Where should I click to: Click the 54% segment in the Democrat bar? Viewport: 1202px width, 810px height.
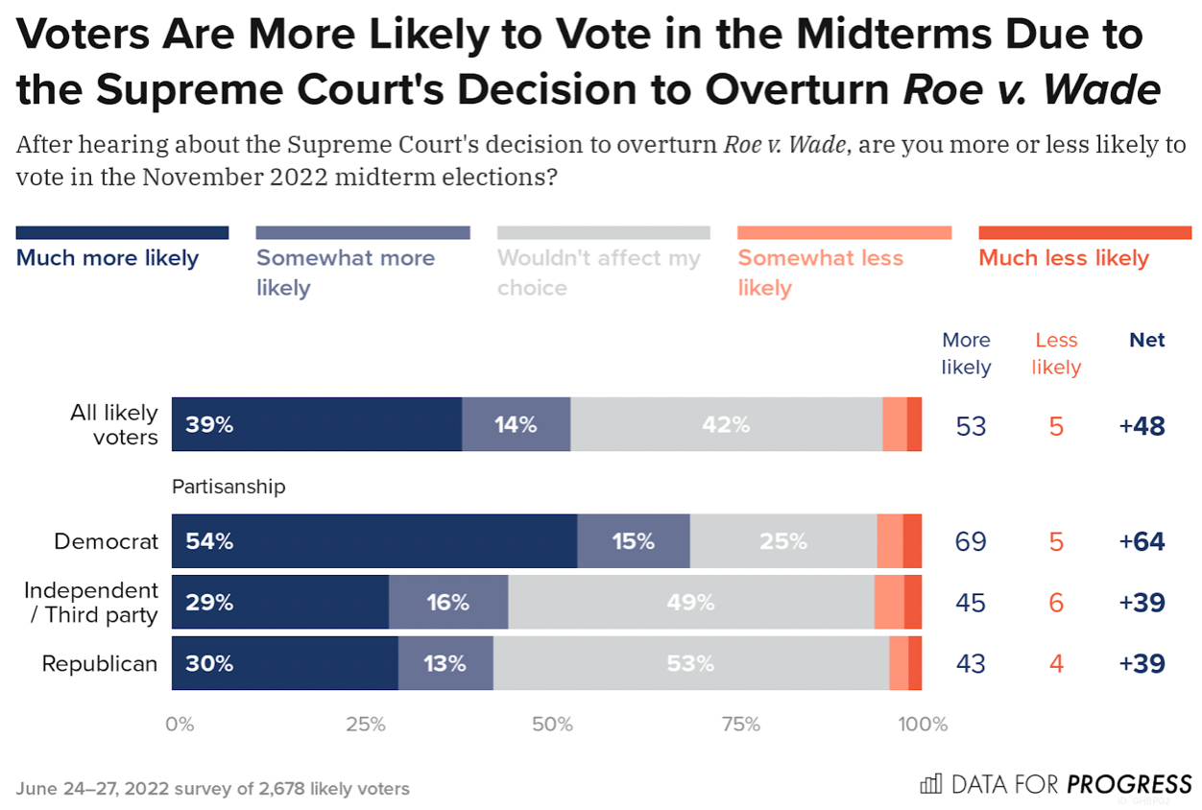[x=374, y=541]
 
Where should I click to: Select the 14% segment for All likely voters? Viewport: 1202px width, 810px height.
[x=516, y=424]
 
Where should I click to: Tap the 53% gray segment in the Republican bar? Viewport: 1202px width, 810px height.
[x=690, y=663]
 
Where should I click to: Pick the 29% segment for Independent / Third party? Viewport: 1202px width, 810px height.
[x=279, y=603]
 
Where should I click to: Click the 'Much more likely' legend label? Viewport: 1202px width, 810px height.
[x=108, y=258]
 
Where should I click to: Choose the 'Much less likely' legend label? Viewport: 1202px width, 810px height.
[x=1064, y=258]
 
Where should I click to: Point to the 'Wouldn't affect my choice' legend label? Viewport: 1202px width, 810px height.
[x=599, y=273]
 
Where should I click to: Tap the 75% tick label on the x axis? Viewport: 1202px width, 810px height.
[x=740, y=725]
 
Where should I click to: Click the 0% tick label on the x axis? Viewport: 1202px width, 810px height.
[x=180, y=725]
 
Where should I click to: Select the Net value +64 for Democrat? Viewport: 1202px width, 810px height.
[x=1142, y=542]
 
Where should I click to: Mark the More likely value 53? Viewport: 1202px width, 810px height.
[x=971, y=426]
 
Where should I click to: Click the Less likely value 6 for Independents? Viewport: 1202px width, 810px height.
[x=1056, y=603]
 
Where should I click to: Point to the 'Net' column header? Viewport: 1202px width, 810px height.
[x=1147, y=341]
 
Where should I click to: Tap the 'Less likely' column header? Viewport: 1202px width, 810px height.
[x=1056, y=353]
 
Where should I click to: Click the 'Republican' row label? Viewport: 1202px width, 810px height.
[x=100, y=663]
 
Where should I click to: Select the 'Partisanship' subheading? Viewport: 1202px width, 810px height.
[x=228, y=487]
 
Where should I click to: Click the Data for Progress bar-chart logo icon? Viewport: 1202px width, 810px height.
[x=930, y=784]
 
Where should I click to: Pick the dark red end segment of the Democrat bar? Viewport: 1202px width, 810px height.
[x=912, y=541]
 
